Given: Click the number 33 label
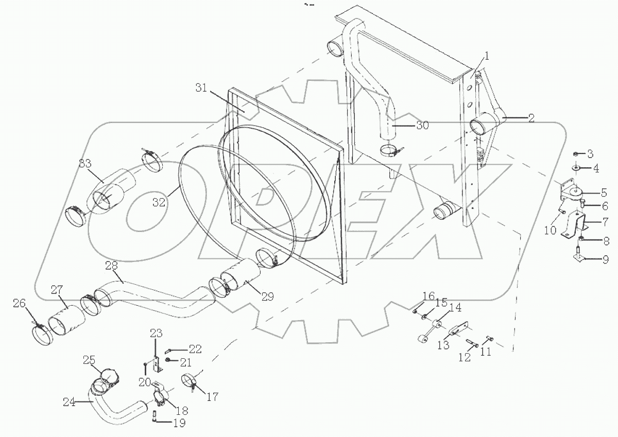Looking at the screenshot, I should (86, 164).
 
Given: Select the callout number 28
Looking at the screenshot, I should (112, 265).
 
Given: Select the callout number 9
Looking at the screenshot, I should (605, 259).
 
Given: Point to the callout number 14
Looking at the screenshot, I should (455, 308).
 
